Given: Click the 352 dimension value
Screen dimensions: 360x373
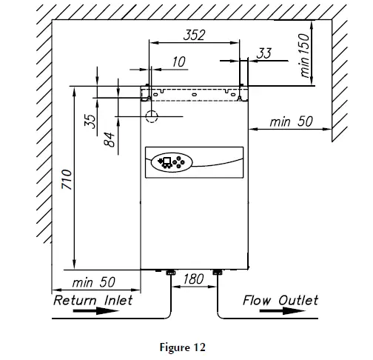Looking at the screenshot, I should point(194,35).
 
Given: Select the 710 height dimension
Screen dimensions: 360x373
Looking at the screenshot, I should point(66,179).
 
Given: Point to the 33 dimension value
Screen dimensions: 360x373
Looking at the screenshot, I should point(264,53).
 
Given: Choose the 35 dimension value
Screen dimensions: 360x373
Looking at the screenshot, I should point(90,121).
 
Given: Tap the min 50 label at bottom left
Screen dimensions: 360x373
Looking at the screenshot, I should point(94,283).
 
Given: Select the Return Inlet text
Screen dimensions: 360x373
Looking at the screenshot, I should point(93,300).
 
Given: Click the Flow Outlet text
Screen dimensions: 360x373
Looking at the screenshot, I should point(280,300).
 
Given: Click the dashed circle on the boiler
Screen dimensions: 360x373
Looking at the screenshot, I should point(152,116).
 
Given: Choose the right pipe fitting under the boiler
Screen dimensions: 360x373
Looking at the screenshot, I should point(218,273).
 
